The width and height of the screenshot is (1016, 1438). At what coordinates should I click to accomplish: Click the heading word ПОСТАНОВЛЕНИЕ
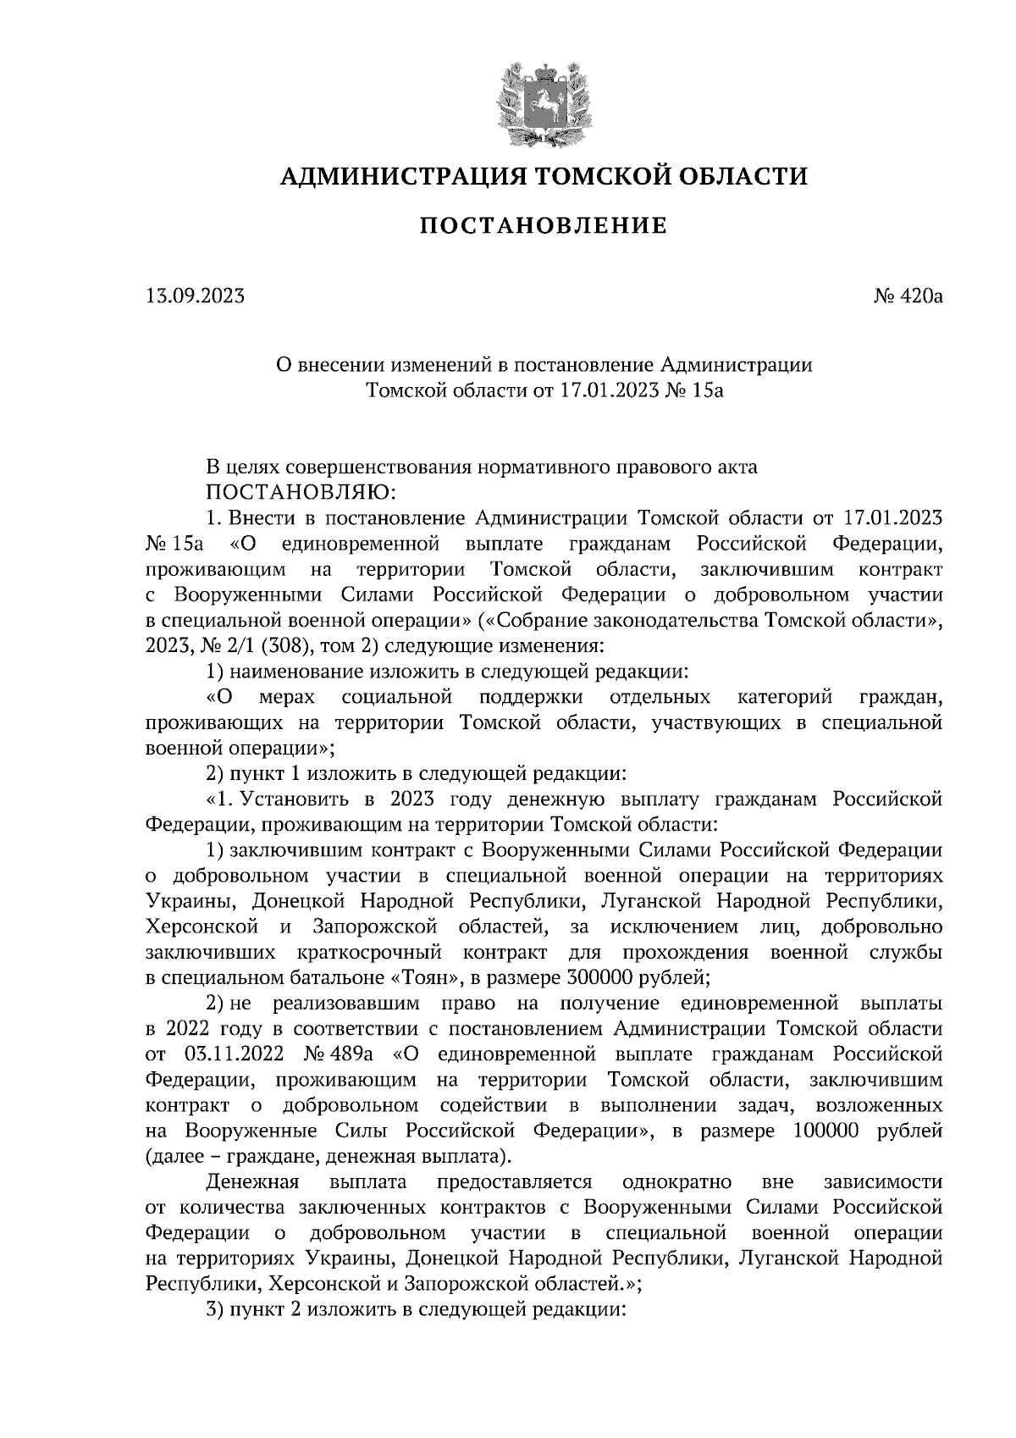coord(544,226)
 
